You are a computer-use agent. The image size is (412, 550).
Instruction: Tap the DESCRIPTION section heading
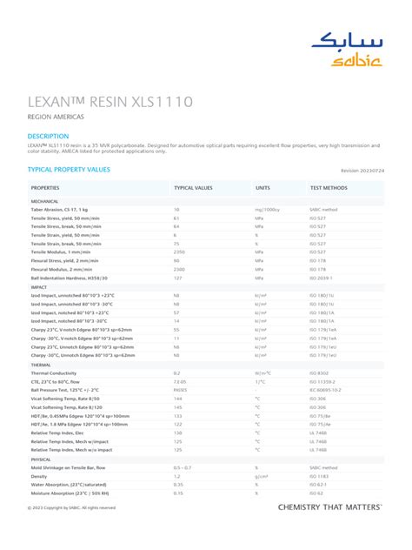(x=48, y=137)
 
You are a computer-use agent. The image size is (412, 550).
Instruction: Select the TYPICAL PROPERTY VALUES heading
(x=69, y=170)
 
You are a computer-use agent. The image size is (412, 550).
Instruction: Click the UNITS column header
(x=262, y=187)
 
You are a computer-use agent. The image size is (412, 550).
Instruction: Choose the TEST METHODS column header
(x=329, y=187)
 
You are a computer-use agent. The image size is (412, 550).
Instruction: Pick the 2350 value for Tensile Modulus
(x=182, y=252)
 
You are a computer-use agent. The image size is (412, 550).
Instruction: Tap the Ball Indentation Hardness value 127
(x=178, y=278)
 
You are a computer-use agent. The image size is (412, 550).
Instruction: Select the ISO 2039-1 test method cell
(x=322, y=278)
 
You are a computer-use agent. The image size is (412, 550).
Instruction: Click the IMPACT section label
(x=39, y=286)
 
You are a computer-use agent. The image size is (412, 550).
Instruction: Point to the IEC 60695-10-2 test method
(x=326, y=389)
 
